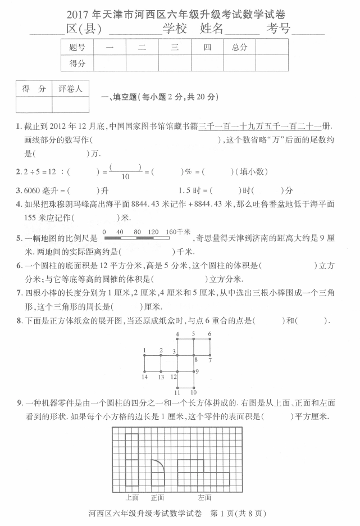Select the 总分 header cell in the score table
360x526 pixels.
click(239, 48)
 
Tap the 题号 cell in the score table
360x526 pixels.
click(77, 48)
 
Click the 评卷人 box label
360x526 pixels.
click(70, 89)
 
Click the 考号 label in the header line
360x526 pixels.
click(279, 29)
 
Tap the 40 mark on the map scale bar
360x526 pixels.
click(120, 232)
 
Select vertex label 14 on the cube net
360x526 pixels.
click(144, 377)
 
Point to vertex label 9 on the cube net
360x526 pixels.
click(197, 371)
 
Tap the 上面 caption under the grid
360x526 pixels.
click(132, 497)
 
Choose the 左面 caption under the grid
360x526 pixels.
click(204, 497)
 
